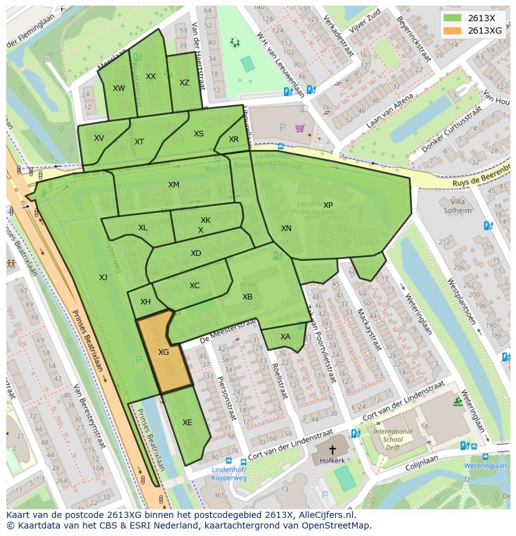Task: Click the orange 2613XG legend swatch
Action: pos(453,31)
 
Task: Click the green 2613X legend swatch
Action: pos(453,18)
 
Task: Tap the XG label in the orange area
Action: pos(163,352)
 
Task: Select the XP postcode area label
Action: pos(328,205)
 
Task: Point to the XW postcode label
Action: pos(118,88)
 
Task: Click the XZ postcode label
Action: pos(184,83)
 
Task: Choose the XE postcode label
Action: pos(188,423)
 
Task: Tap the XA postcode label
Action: pos(285,337)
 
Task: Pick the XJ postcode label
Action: pos(103,278)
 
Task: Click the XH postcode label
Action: pos(145,302)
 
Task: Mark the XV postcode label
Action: pos(99,138)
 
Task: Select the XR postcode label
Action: pos(234,139)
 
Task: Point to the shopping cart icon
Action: pos(300,128)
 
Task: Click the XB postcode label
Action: pos(247,297)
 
